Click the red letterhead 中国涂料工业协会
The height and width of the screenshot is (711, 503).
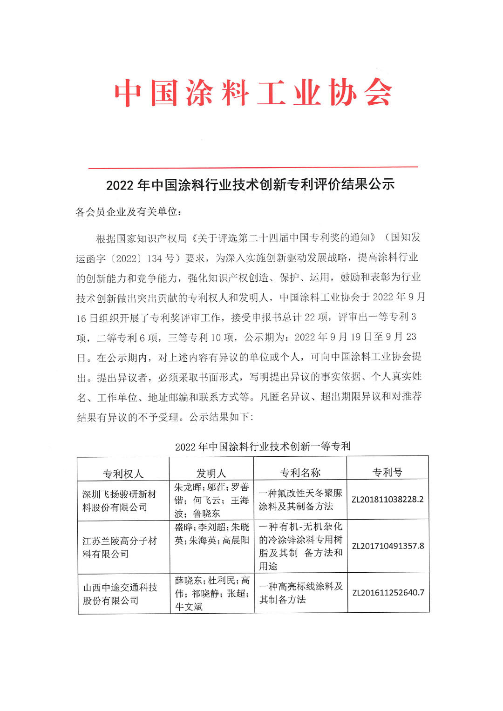click(253, 93)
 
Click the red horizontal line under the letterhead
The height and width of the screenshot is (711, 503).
click(253, 167)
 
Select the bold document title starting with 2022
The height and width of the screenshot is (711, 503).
click(250, 185)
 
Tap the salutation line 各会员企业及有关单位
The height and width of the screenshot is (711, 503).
click(128, 212)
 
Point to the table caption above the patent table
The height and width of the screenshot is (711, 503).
click(262, 446)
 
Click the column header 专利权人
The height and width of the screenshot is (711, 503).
click(123, 474)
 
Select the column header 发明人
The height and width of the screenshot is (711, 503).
click(211, 473)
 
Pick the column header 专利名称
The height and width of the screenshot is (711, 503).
click(300, 473)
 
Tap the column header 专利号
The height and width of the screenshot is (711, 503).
click(387, 472)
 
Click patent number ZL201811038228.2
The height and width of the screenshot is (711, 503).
click(387, 500)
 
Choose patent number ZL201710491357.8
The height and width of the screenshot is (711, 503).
click(388, 546)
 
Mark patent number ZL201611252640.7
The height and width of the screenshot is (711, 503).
click(388, 592)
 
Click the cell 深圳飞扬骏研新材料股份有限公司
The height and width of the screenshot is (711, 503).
click(119, 501)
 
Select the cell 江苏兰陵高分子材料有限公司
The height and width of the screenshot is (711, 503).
click(120, 547)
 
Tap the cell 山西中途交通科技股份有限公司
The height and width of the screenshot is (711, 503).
click(120, 594)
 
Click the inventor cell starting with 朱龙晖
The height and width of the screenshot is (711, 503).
click(211, 500)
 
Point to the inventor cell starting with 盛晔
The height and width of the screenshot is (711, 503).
click(212, 534)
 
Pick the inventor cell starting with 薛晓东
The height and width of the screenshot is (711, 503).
click(212, 593)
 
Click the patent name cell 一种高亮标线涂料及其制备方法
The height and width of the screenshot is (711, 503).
click(301, 593)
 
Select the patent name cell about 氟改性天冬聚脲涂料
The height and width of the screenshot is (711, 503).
click(300, 500)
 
